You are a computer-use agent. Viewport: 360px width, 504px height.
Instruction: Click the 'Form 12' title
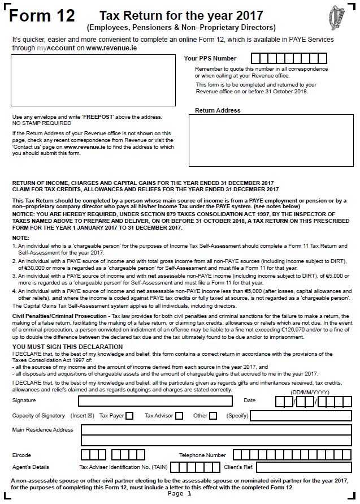coord(42,16)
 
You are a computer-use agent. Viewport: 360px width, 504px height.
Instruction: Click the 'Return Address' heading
coord(218,110)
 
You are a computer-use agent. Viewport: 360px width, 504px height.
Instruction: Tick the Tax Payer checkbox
coord(129,416)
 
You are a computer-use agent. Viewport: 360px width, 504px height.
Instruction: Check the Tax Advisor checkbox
coord(179,416)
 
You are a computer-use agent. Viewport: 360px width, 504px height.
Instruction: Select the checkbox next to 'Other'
coord(213,416)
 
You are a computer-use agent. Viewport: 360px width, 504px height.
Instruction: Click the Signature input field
coord(155,401)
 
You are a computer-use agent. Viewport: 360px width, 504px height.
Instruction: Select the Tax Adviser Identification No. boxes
coord(195,467)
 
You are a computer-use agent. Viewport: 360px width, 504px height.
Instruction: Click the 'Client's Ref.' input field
coord(305,467)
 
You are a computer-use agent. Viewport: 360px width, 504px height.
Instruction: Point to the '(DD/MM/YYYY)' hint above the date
coord(309,392)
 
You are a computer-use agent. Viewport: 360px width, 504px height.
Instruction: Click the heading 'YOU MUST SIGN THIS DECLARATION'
coord(67,347)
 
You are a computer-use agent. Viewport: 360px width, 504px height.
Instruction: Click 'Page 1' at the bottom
coord(180,494)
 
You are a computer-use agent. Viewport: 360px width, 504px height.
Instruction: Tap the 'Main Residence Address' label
coord(43,430)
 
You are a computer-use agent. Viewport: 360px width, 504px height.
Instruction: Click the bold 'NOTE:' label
coord(21,238)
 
